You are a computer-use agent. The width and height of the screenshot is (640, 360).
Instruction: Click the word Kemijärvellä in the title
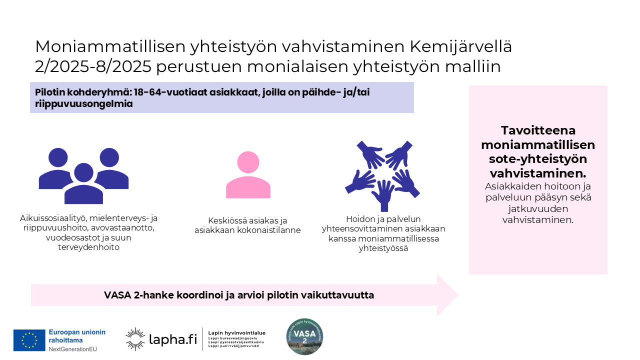point(460,46)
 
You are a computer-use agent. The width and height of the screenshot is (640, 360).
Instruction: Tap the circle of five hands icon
point(382,175)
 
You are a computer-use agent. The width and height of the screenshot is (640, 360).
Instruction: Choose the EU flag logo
point(29,340)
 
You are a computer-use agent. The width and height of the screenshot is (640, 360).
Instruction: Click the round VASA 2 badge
point(304,336)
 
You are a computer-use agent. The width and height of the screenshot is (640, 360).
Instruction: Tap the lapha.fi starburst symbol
point(135,339)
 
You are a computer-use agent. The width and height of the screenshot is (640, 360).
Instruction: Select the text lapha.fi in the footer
point(173,339)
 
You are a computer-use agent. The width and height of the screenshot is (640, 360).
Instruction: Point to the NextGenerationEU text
point(73,348)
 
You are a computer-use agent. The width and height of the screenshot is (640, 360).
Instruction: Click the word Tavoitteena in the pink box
point(538,130)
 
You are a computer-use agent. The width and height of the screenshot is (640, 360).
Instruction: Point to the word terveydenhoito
point(88,247)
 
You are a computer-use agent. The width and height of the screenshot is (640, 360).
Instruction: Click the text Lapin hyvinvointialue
point(236,332)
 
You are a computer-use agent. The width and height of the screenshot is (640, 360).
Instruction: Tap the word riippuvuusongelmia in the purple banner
point(84,104)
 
